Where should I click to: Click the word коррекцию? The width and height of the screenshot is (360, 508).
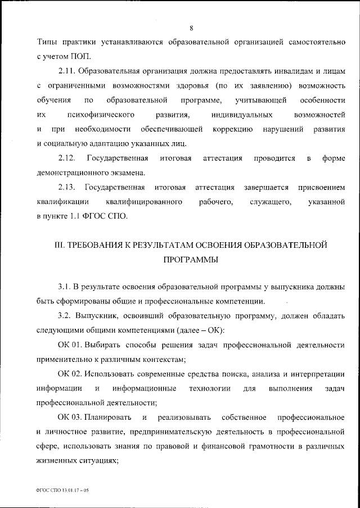point(227,129)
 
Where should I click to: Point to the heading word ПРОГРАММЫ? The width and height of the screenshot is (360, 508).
point(190,260)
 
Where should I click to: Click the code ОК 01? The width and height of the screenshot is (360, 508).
point(69,343)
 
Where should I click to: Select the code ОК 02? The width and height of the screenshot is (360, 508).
point(69,374)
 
